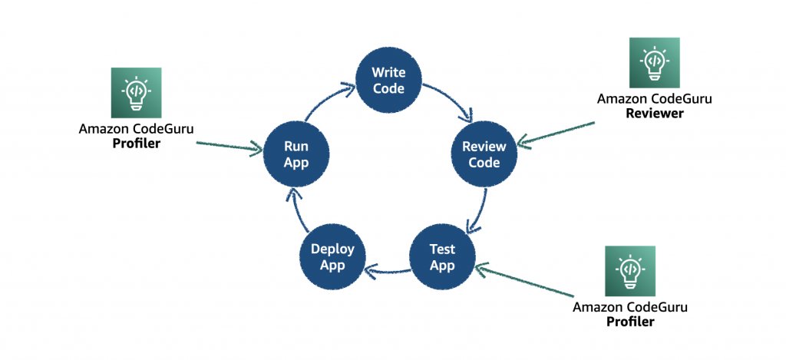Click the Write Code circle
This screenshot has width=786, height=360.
tap(388, 81)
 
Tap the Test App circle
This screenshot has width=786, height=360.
tap(442, 257)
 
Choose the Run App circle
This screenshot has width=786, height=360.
tap(296, 154)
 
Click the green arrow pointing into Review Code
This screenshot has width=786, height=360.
tap(556, 133)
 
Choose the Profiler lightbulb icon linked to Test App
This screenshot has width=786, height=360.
tap(630, 271)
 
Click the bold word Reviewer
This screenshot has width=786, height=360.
tap(654, 113)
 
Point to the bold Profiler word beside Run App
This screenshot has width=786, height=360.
tap(136, 143)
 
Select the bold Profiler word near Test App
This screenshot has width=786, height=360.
tap(630, 322)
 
